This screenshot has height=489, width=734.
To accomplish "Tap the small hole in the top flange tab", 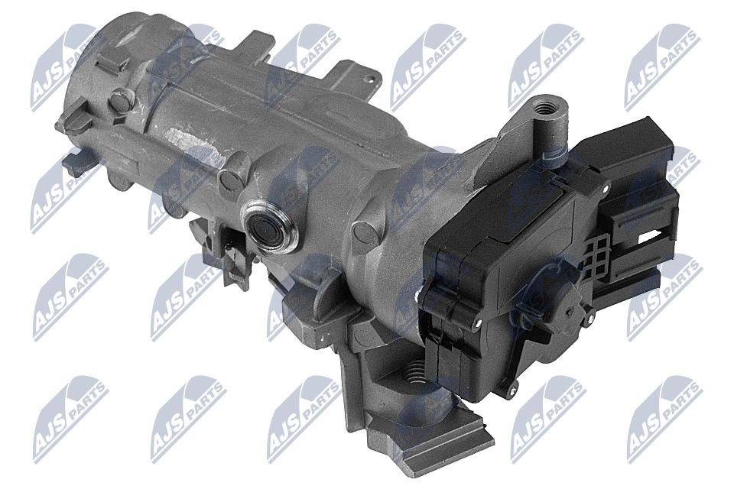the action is (372, 79).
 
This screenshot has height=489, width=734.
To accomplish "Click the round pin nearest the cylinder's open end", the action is (121, 99).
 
